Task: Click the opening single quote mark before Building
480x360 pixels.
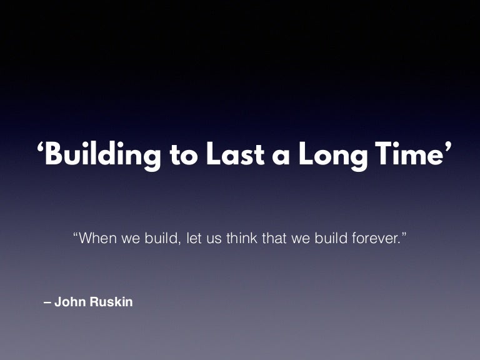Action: coord(41,149)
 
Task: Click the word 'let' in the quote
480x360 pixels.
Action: coord(194,239)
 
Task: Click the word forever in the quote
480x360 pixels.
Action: coord(372,239)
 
